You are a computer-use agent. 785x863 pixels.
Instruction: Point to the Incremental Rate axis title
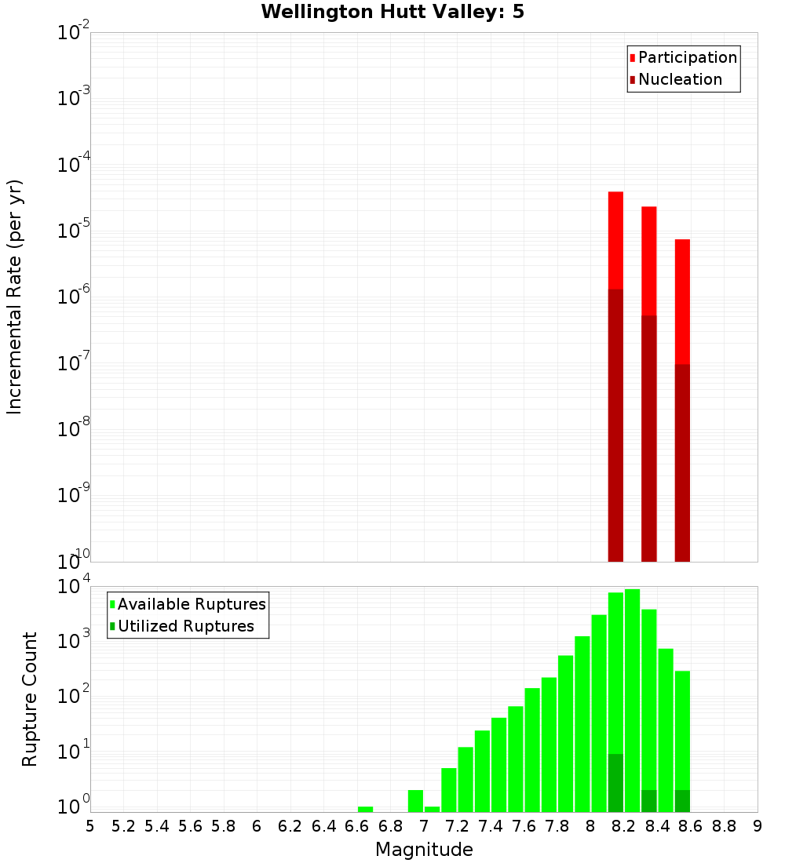[15, 297]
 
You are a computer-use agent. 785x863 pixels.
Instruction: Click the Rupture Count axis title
[30, 699]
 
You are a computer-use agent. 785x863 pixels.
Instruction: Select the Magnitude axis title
[424, 850]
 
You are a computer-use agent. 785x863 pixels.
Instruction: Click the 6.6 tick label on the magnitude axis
[357, 826]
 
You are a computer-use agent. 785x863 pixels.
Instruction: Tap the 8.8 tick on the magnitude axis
[724, 826]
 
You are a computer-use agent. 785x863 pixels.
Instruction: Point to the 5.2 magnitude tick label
[124, 826]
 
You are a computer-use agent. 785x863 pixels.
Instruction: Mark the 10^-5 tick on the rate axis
[74, 231]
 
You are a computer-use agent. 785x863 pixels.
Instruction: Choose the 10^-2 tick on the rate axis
[74, 33]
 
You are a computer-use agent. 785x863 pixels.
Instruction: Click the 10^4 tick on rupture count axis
[74, 587]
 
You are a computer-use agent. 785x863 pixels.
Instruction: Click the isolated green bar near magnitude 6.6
[365, 809]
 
